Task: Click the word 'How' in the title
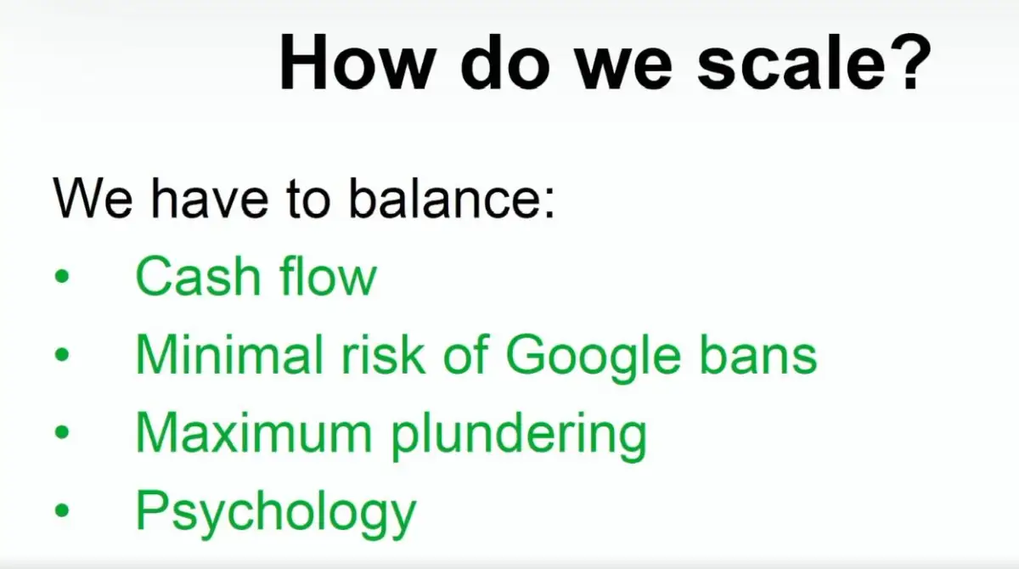[x=355, y=62]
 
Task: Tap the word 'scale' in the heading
[x=792, y=62]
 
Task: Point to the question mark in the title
[x=913, y=61]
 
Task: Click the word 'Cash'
[x=198, y=276]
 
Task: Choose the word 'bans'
[x=758, y=354]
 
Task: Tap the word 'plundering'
[x=519, y=437]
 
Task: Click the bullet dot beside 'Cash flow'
[x=62, y=276]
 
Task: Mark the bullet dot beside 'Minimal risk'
[x=62, y=354]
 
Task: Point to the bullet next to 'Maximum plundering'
[x=62, y=431]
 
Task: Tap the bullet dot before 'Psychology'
[x=62, y=510]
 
